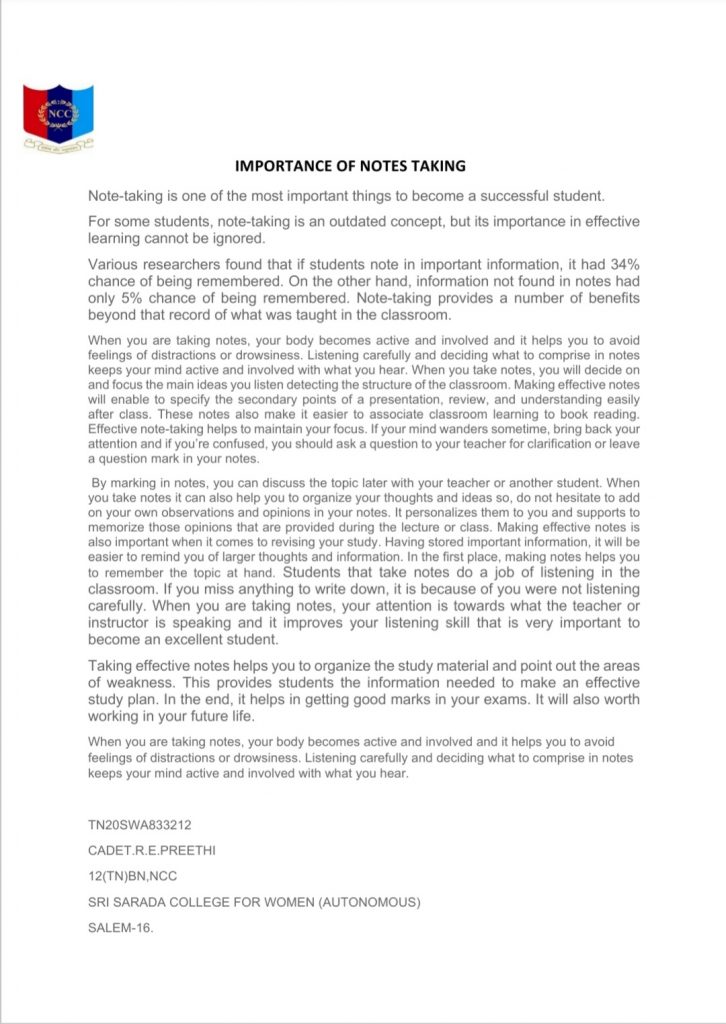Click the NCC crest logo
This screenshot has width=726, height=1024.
tap(58, 117)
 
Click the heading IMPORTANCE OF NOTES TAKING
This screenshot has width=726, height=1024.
tap(350, 165)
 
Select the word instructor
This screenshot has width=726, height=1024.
tap(122, 623)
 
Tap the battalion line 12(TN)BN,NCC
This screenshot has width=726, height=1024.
tap(135, 876)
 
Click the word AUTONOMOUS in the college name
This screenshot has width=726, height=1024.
tap(364, 902)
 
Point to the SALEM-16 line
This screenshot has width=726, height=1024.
tap(121, 927)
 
